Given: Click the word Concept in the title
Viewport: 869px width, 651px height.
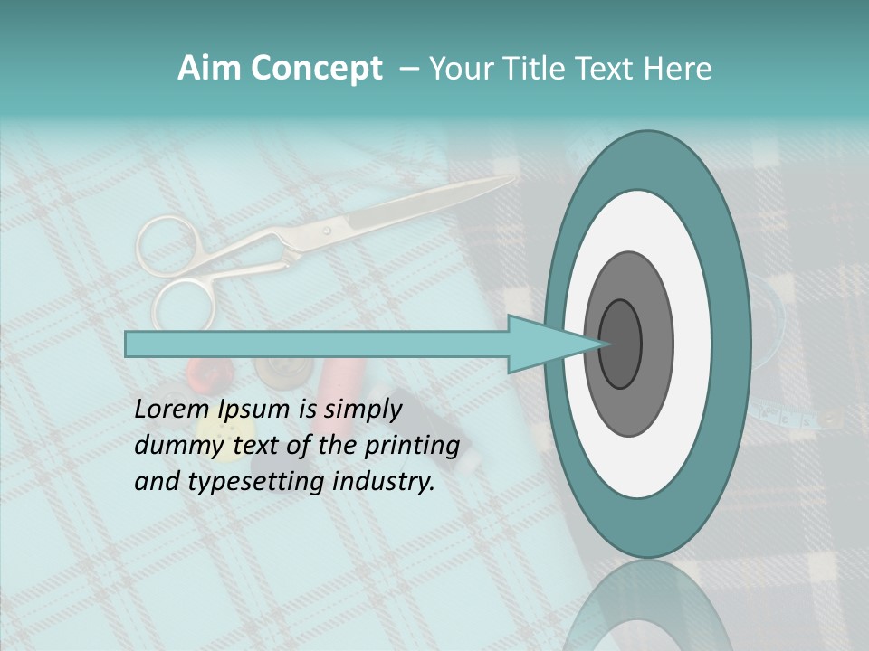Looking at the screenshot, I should (x=317, y=69).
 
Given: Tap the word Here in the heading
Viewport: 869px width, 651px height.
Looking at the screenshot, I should (x=678, y=69).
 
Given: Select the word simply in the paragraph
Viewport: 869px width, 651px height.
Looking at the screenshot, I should (x=363, y=409).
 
